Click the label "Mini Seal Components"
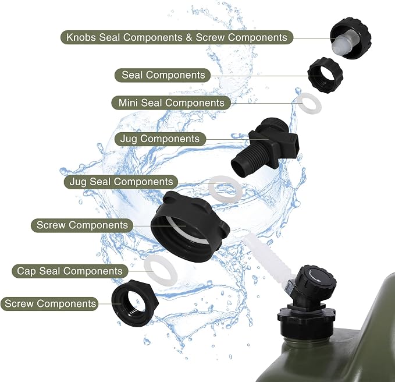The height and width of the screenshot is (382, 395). click(x=171, y=102)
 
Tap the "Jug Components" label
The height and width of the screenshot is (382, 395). click(x=160, y=139)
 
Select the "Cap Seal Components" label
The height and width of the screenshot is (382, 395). click(x=70, y=271)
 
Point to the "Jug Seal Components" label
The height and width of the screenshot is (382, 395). click(x=121, y=182)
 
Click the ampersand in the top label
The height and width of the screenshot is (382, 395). click(x=189, y=37)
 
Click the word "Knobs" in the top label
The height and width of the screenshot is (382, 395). click(x=81, y=37)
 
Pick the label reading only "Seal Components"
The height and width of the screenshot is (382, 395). click(x=162, y=75)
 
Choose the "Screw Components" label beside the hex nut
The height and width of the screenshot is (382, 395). click(x=49, y=303)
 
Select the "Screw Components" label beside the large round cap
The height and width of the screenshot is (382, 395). click(x=82, y=225)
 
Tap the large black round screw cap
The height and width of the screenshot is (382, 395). click(x=190, y=227)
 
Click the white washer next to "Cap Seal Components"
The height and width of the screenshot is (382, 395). click(x=161, y=271)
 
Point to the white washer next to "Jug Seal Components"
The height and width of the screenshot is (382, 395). click(x=225, y=189)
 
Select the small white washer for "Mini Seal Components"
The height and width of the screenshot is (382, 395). click(x=309, y=104)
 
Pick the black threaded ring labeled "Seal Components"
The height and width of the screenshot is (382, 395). click(x=325, y=75)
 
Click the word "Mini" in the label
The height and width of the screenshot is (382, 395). click(x=128, y=103)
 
